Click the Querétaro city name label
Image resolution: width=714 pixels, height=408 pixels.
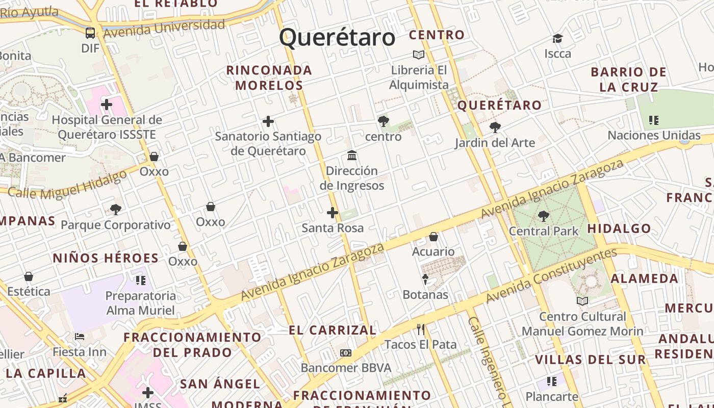coord(337,38)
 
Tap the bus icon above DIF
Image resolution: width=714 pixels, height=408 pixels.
coord(90,33)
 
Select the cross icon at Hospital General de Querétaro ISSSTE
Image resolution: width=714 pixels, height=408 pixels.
coord(107,105)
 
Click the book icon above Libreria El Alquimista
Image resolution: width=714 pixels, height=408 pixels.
coord(419,55)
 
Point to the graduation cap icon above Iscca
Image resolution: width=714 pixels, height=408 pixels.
coord(557,39)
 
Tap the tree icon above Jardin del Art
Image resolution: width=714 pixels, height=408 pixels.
coord(495,127)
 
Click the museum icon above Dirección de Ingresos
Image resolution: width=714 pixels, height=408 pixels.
coord(352,155)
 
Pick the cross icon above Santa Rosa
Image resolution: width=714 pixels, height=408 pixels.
coord(333,213)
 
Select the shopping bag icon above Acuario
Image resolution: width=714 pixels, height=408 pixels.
coord(433,237)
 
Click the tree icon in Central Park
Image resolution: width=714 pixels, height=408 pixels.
coord(544,216)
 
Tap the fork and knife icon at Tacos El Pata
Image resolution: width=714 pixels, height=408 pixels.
coord(420,329)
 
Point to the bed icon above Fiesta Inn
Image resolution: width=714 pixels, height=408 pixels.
coord(80,337)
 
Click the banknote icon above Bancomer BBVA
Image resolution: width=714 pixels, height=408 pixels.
coord(346,353)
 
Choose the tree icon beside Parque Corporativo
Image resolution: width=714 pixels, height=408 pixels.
coord(116,209)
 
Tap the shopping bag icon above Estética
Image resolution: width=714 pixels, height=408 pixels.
coord(29,276)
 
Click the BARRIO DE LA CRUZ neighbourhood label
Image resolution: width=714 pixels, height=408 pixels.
coord(628,80)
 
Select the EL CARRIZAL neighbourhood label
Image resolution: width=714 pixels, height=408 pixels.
coord(333,330)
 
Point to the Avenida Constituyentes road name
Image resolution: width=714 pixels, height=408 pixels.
coord(551,274)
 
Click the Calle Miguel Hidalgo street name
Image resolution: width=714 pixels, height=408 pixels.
coord(68,185)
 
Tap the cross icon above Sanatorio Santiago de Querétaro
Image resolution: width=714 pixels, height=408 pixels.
coord(268,121)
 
